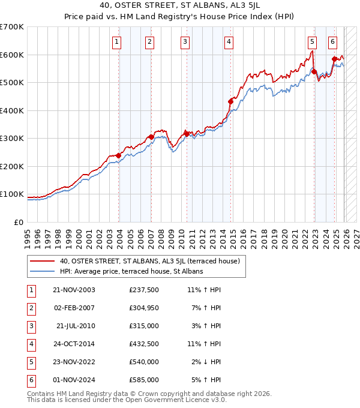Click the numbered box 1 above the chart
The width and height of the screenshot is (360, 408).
click(116, 41)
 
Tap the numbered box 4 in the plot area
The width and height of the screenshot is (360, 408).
click(229, 41)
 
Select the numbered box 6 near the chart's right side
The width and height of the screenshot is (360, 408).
click(332, 41)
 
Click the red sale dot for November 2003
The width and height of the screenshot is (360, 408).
click(119, 155)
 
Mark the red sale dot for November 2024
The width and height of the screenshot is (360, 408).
click(334, 59)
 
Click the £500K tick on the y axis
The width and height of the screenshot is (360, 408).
click(12, 82)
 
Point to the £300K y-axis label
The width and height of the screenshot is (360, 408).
click(12, 138)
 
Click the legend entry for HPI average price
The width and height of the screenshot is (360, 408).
click(131, 271)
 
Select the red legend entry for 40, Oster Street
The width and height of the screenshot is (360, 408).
click(149, 261)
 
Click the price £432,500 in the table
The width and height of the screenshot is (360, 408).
click(143, 344)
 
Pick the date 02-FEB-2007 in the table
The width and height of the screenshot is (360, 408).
click(74, 308)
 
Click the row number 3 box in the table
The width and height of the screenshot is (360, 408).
click(31, 326)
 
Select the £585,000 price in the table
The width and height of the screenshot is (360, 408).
click(143, 380)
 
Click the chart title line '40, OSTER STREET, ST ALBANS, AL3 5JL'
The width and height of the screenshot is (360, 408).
click(180, 7)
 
